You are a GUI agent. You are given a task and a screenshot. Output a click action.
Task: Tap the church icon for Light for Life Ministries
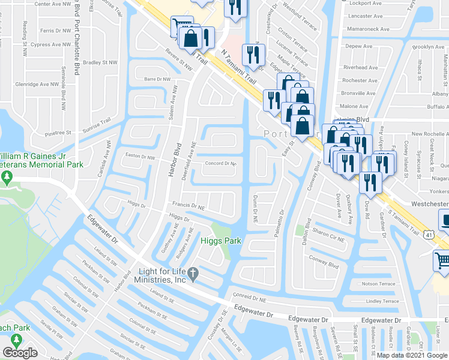[193, 274]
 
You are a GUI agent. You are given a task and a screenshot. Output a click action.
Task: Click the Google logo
[20, 353]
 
